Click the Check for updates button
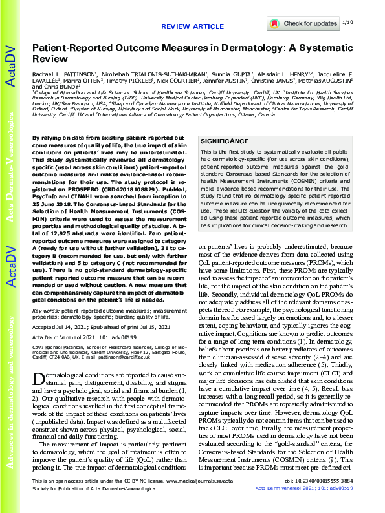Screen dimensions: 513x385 (x=302, y=23)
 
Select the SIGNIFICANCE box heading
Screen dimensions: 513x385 (x=224, y=141)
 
